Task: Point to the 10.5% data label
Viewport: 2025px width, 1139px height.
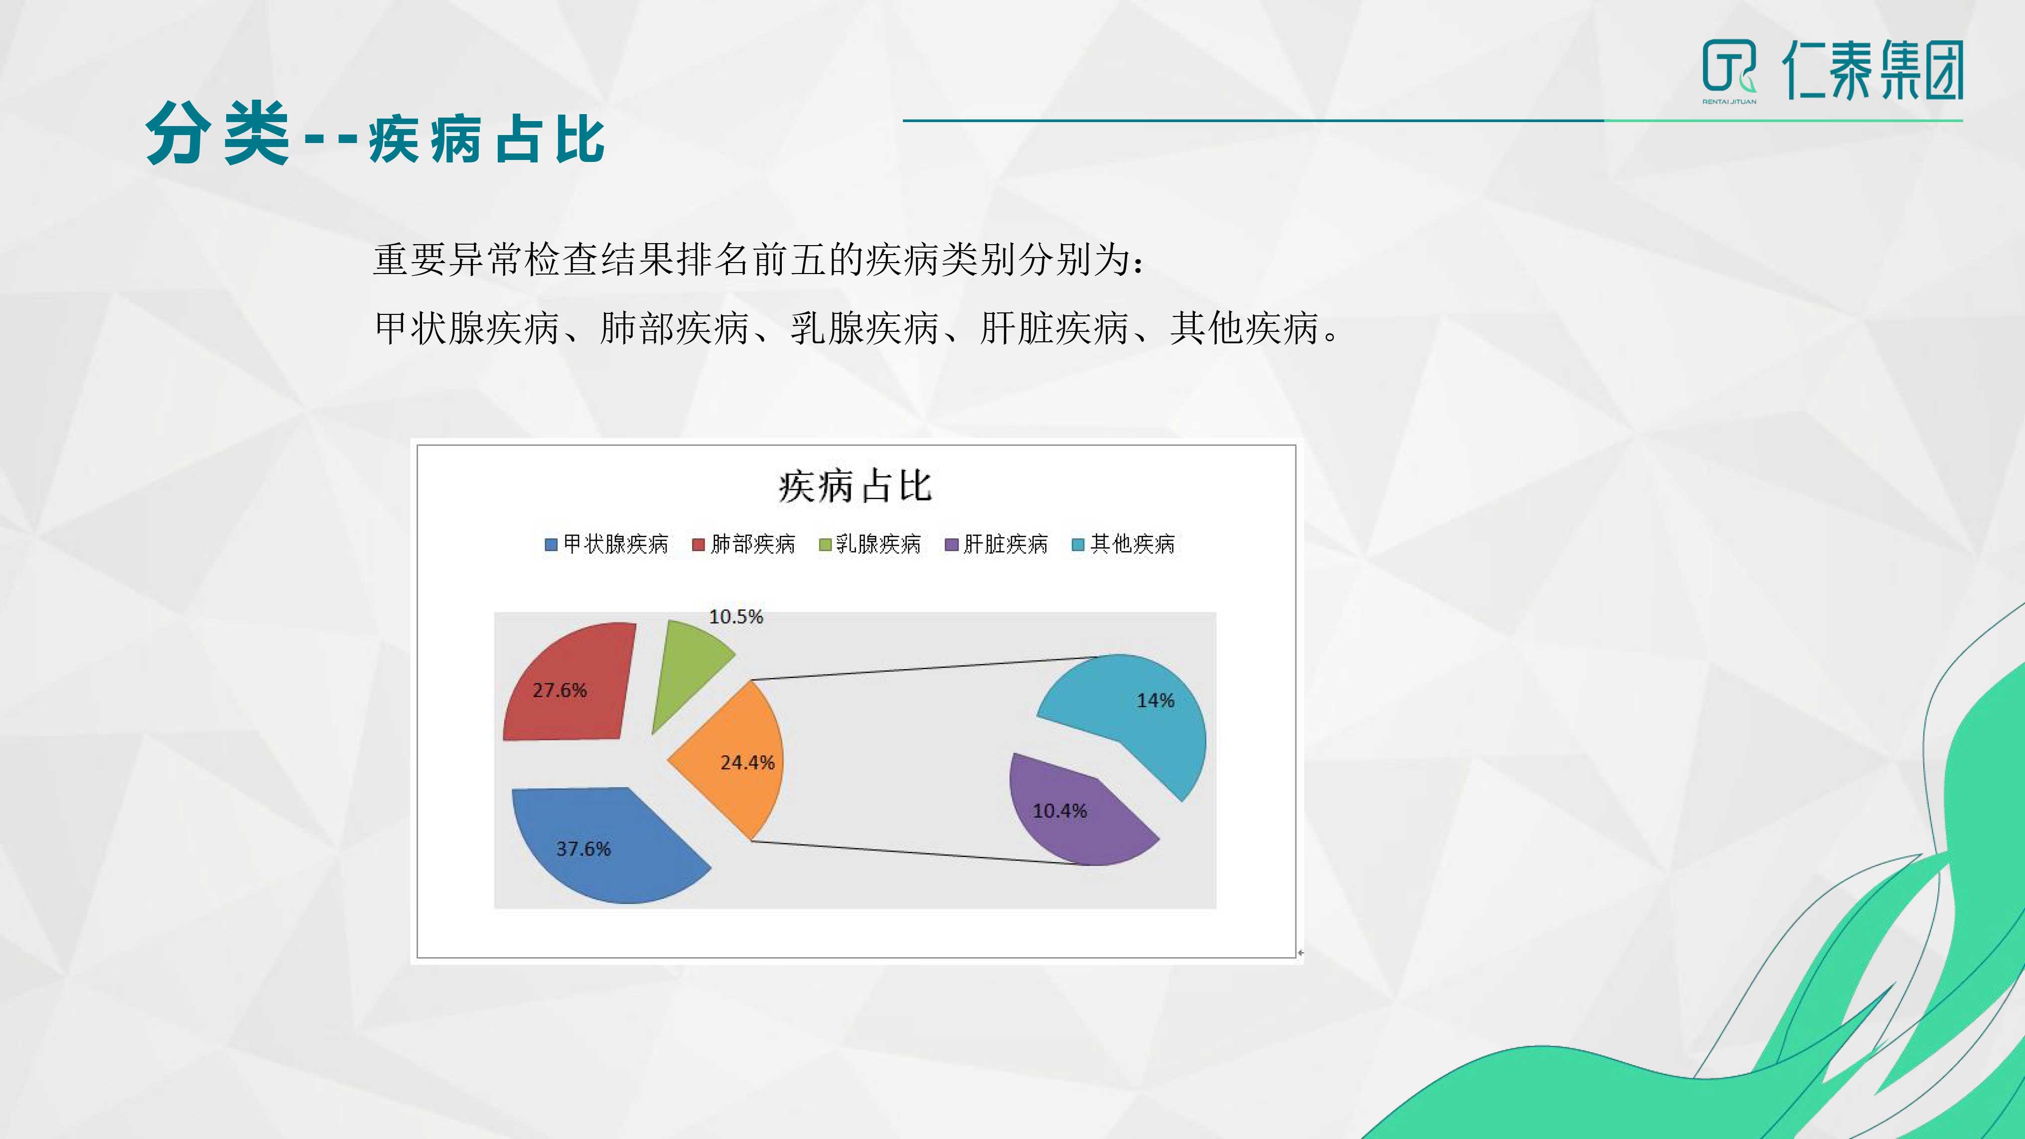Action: pyautogui.click(x=736, y=616)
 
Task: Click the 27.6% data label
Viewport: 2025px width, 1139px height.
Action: pyautogui.click(x=560, y=690)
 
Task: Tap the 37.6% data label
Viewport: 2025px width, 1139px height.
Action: pyautogui.click(x=583, y=849)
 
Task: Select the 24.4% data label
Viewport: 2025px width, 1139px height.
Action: pyautogui.click(x=747, y=762)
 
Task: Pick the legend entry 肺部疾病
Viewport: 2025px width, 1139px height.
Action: pyautogui.click(x=743, y=544)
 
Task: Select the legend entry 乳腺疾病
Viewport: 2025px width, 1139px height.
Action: pyautogui.click(x=869, y=544)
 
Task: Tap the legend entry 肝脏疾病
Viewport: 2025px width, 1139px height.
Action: pyautogui.click(x=996, y=544)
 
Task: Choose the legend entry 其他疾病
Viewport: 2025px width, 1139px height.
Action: pyautogui.click(x=1123, y=544)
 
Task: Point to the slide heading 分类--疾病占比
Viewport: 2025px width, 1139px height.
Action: pyautogui.click(x=375, y=135)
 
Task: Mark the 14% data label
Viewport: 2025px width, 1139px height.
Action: pyautogui.click(x=1156, y=701)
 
